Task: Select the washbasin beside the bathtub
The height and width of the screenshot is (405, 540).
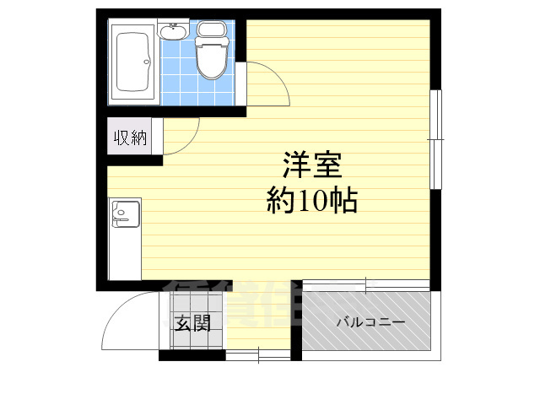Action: coord(172,32)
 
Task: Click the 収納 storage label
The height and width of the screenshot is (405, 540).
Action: coord(131,138)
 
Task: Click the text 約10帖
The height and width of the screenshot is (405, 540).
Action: coord(312,201)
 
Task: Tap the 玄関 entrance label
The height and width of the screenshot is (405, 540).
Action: coord(192,322)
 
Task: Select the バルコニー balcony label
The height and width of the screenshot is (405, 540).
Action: coord(371,322)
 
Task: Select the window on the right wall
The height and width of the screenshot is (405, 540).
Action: coord(435,139)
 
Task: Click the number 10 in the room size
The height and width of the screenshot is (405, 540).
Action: coord(316,202)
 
